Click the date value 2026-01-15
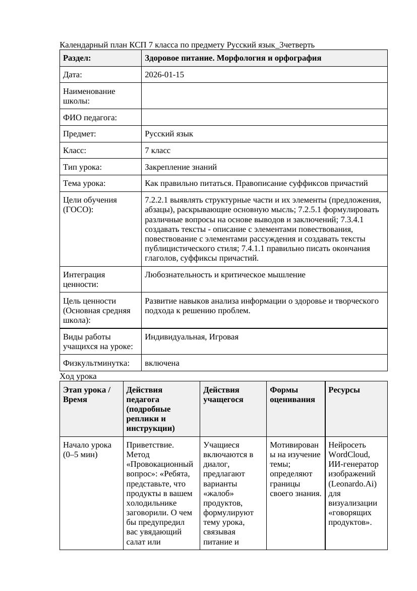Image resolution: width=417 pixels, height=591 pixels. tap(164, 75)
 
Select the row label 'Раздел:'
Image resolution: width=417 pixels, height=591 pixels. tap(77, 58)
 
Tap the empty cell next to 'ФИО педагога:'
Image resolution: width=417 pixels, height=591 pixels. tap(264, 117)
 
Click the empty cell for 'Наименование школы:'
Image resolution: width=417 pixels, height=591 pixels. tap(264, 96)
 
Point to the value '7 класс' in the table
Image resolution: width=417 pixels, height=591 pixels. tap(158, 151)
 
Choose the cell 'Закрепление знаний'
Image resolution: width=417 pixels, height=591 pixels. tap(181, 167)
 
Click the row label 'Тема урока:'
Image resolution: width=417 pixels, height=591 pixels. tap(84, 183)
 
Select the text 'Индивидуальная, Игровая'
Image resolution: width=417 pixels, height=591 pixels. tap(192, 337)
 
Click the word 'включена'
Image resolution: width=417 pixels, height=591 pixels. tap(162, 363)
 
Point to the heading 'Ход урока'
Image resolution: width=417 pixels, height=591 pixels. tap(78, 376)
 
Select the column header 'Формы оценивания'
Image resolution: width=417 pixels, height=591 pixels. tap(292, 395)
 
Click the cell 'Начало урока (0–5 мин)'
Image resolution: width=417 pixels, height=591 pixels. tap(87, 450)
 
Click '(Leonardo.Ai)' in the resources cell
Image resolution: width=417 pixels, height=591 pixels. tap(352, 483)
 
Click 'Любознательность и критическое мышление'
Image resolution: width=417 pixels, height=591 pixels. tap(225, 275)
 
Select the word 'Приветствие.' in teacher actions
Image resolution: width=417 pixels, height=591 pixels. tap(150, 445)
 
